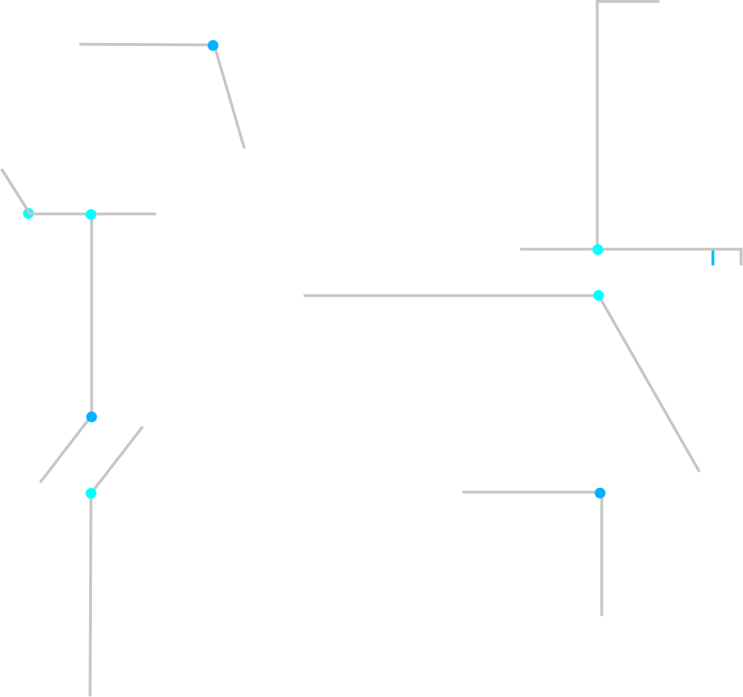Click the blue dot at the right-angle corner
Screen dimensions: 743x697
point(600,493)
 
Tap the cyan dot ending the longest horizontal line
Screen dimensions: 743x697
point(598,295)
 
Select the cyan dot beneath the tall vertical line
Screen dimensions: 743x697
point(598,249)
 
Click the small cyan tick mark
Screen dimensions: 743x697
point(713,257)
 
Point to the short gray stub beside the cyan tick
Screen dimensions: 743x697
point(740,257)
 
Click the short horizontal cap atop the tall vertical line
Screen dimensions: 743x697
point(628,1)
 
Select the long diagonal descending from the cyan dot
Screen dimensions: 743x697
point(649,383)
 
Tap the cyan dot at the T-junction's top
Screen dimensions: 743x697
point(91,214)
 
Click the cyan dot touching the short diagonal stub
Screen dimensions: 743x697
point(28,214)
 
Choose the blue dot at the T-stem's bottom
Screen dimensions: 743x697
point(91,417)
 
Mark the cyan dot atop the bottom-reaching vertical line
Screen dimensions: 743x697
point(90,493)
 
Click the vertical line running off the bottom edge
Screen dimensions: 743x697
point(90,593)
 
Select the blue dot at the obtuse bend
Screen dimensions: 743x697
point(213,45)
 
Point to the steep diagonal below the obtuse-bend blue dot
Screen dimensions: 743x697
point(229,97)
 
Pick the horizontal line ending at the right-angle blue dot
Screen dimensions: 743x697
point(531,492)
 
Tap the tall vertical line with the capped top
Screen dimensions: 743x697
point(597,126)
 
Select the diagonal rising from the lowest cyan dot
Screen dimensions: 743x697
point(117,460)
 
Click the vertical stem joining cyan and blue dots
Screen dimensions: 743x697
point(91,315)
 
